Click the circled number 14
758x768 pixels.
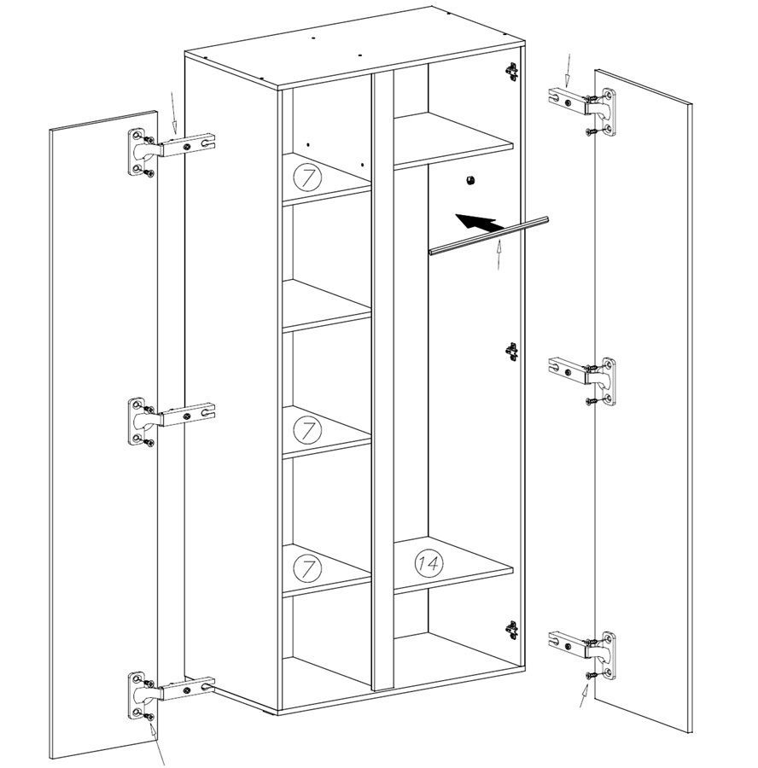tap(429, 563)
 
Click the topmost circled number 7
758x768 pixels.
tap(307, 177)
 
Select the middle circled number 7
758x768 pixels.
tap(307, 429)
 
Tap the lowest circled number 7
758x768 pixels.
tap(307, 568)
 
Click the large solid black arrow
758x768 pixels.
tap(479, 223)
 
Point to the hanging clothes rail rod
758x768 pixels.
tap(488, 236)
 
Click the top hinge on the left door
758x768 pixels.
tap(171, 151)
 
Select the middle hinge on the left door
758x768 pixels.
tap(171, 421)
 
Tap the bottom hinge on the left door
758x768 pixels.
tap(171, 695)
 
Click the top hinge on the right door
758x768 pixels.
tap(582, 111)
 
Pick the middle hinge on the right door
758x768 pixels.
tap(582, 381)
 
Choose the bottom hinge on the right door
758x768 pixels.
tap(582, 655)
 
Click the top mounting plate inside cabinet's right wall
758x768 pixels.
tap(511, 72)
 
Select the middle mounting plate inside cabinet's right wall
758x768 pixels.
tap(511, 352)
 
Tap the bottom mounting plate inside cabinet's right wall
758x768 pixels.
tap(511, 630)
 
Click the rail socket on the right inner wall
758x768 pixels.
tap(470, 180)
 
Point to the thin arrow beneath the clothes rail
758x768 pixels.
tap(499, 254)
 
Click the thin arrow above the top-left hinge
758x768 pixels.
tap(173, 112)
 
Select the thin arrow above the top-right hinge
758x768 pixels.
tap(568, 70)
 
